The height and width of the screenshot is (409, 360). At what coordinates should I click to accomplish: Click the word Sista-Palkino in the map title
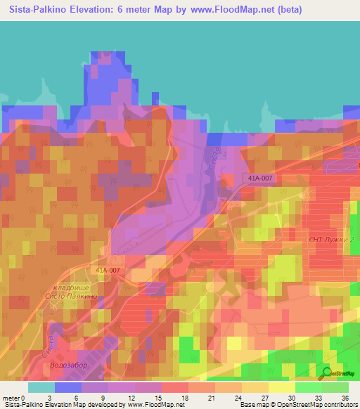pos(35,10)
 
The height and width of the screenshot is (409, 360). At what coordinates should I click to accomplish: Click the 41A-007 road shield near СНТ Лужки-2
pos(260,178)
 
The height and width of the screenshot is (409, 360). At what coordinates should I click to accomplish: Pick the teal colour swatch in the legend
pos(41,387)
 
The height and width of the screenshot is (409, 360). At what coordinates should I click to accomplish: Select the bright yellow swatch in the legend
pos(281,387)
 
